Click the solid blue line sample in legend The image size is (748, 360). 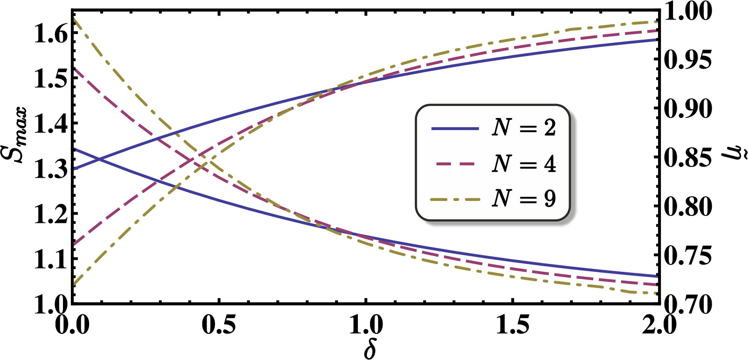click(x=455, y=128)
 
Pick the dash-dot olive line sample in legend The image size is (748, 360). click(x=455, y=200)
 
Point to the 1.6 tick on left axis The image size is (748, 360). click(x=51, y=34)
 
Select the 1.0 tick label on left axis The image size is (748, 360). click(x=51, y=306)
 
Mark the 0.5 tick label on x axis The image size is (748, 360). click(x=219, y=325)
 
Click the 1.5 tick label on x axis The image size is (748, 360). click(x=512, y=325)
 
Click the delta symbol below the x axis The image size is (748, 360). click(x=369, y=350)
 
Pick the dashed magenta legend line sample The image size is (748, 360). click(x=455, y=164)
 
